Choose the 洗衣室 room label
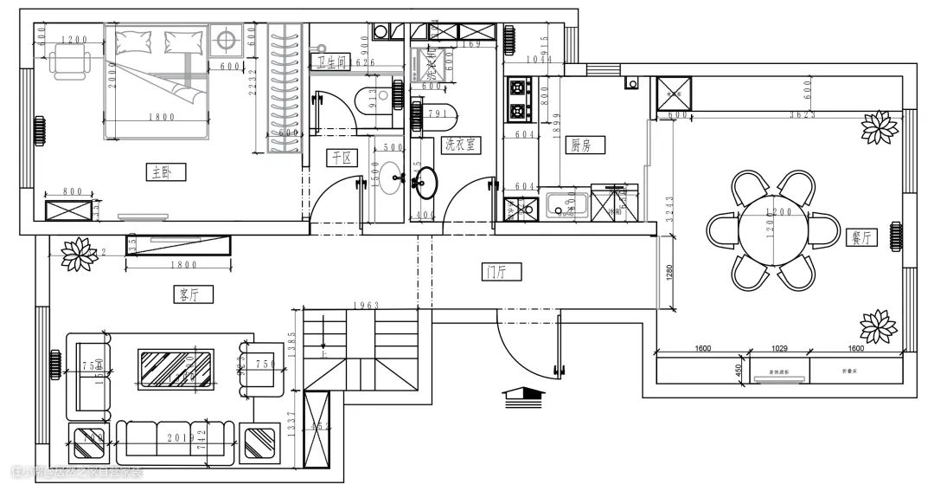pos(461,145)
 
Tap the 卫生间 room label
pos(331,61)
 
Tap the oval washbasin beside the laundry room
pos(426,180)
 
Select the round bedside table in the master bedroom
pos(227,39)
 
